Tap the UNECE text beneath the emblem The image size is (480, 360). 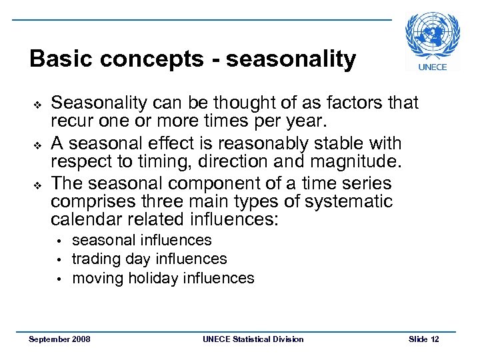pyautogui.click(x=433, y=66)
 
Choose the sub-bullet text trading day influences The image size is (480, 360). pyautogui.click(x=149, y=259)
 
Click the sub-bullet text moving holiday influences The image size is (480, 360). pyautogui.click(x=163, y=277)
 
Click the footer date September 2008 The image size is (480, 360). pyautogui.click(x=60, y=339)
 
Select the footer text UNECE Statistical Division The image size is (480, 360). pyautogui.click(x=253, y=339)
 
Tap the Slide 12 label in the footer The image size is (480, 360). pyautogui.click(x=423, y=339)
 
